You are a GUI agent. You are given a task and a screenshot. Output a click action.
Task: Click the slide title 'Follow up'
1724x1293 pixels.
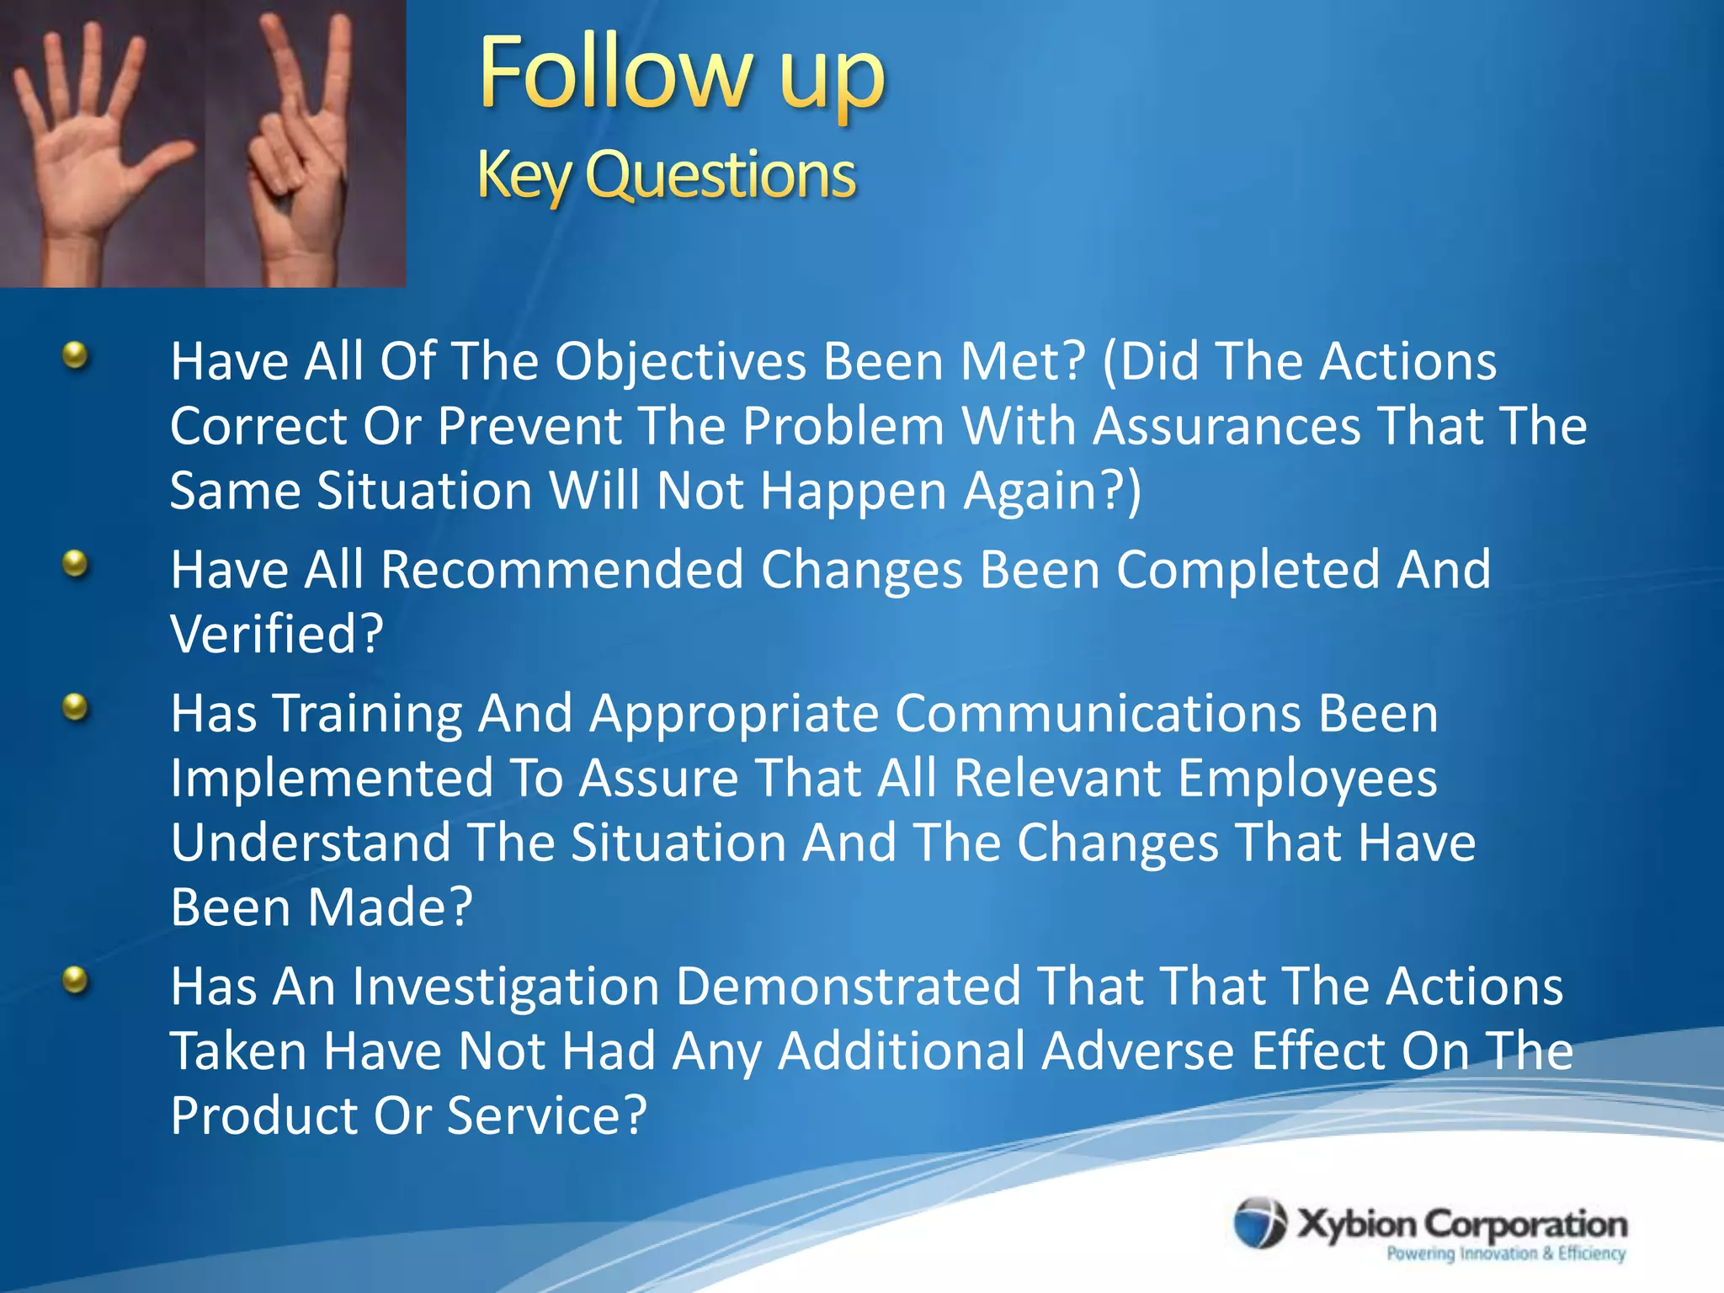[682, 76]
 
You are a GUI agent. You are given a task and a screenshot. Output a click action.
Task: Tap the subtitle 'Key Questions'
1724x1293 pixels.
[666, 175]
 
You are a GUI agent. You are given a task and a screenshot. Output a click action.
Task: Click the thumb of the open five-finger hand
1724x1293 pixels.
[164, 160]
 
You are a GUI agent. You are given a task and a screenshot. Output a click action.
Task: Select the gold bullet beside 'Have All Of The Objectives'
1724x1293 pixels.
[76, 355]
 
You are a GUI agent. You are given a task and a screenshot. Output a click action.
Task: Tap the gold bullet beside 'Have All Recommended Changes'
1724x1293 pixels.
[76, 563]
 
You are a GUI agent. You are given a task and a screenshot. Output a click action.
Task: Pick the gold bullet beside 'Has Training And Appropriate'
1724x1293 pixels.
[76, 707]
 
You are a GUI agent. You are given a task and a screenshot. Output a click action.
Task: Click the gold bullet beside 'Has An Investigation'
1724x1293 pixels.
[76, 980]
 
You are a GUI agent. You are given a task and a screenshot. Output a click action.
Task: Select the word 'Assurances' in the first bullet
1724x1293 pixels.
[1226, 426]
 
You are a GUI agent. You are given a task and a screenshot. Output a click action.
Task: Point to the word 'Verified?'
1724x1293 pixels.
[277, 634]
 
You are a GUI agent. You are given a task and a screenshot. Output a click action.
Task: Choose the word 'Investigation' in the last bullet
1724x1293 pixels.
[505, 987]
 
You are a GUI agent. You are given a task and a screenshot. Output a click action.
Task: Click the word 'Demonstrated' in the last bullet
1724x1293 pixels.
[849, 987]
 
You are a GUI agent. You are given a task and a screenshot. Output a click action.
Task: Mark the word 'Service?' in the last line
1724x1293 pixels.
[546, 1115]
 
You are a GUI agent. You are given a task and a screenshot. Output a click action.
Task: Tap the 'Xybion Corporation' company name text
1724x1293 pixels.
[1462, 1224]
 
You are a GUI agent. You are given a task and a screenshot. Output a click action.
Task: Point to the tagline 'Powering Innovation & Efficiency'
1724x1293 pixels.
[1505, 1253]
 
